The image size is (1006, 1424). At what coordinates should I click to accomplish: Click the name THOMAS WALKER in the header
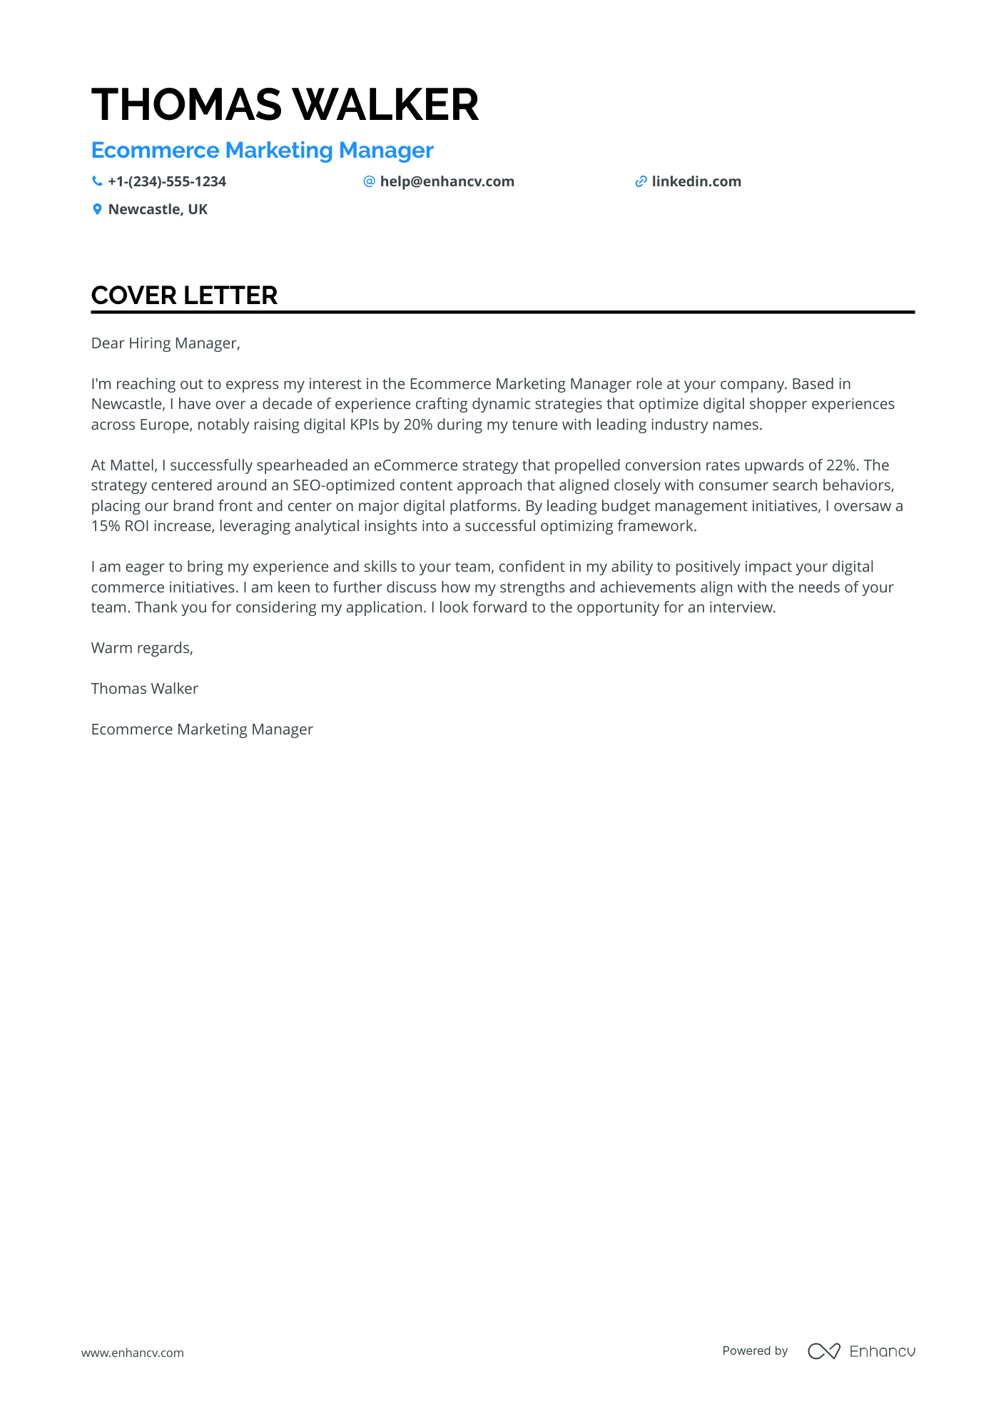click(x=285, y=104)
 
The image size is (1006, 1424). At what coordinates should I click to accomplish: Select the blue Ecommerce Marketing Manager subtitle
click(x=262, y=151)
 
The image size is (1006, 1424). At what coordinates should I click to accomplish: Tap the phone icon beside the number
click(x=97, y=181)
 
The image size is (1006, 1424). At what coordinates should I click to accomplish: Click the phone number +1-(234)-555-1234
click(x=167, y=181)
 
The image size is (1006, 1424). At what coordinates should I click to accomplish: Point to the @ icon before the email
click(x=369, y=181)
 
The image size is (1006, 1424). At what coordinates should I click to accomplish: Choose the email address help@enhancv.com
click(x=447, y=181)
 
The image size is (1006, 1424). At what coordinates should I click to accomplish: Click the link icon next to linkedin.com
click(x=641, y=181)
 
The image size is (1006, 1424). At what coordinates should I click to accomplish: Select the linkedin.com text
click(x=696, y=181)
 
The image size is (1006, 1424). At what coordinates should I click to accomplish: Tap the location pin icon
click(x=97, y=209)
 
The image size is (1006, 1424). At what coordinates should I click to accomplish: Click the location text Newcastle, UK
click(x=158, y=209)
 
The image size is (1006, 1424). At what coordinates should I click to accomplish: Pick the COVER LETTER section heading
click(x=184, y=296)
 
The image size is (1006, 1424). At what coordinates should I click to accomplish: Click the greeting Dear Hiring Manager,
click(x=166, y=343)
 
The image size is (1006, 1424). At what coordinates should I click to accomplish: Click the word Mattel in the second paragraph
click(x=133, y=465)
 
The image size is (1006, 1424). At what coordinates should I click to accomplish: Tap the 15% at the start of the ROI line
click(x=105, y=526)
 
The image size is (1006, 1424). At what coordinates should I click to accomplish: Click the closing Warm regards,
click(x=142, y=648)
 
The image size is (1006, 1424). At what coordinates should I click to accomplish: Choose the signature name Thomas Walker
click(x=144, y=689)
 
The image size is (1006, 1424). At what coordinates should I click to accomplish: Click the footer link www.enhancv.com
click(x=132, y=1353)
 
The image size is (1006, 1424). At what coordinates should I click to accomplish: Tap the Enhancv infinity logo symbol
click(x=823, y=1351)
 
